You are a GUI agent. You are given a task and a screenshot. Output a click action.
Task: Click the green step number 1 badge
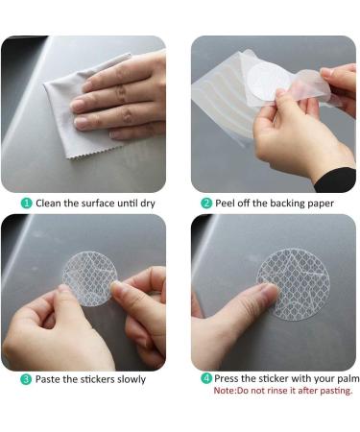(26, 204)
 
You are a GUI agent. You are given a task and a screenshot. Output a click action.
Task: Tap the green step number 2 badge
(206, 204)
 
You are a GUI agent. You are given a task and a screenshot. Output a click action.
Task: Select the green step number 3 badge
(26, 379)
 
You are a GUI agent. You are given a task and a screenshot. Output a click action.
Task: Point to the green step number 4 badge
(206, 378)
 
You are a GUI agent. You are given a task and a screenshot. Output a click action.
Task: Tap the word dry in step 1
(148, 204)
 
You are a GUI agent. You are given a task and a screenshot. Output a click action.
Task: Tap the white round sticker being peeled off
(268, 81)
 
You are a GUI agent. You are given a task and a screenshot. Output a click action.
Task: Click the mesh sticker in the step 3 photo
(88, 278)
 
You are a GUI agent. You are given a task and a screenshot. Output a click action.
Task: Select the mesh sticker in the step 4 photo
(294, 284)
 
